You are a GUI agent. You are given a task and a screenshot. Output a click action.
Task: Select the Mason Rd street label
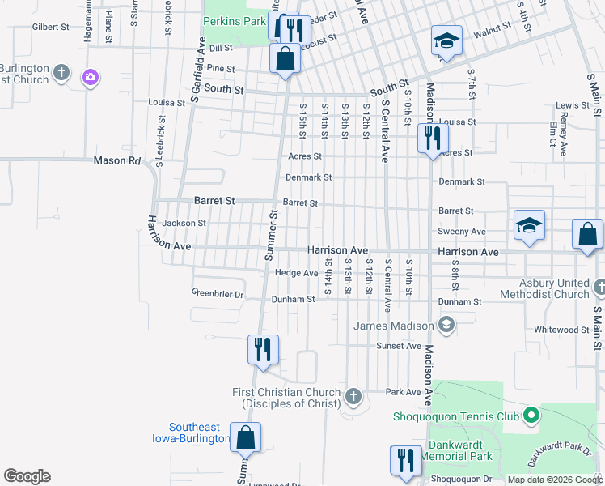[117, 160]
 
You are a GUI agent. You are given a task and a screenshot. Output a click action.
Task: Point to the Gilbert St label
[50, 27]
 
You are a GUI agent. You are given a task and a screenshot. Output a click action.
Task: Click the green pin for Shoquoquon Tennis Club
[531, 416]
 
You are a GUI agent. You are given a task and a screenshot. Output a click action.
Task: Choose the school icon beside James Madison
[445, 326]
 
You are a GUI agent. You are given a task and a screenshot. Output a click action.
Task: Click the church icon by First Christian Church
[353, 397]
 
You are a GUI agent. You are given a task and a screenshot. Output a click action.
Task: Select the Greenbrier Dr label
[218, 294]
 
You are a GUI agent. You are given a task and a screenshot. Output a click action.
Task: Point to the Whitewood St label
[562, 330]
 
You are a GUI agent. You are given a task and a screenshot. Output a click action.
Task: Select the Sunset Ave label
[399, 346]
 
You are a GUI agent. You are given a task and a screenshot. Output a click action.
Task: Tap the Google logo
[27, 476]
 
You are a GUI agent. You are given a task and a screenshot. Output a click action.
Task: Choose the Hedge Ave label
[296, 273]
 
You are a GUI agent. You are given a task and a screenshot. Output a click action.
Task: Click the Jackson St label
[184, 223]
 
